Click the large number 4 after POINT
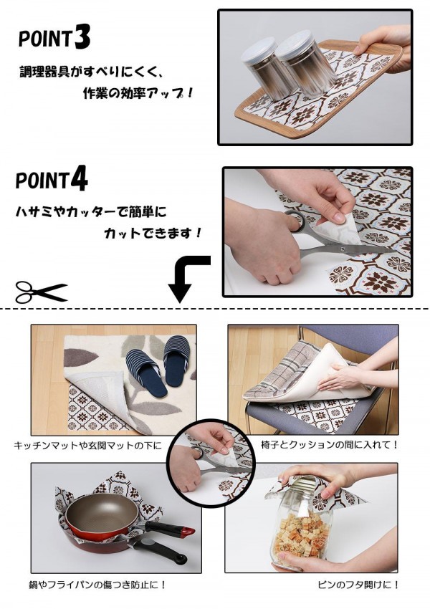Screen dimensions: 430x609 [80, 179]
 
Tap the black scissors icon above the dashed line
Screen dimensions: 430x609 [41, 292]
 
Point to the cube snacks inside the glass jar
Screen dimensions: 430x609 [301, 532]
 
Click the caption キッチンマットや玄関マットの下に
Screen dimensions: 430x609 [87, 445]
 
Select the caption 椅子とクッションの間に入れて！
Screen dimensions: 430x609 [330, 444]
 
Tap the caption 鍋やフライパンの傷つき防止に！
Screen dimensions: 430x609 [97, 585]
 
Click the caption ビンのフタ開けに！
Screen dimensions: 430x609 [358, 585]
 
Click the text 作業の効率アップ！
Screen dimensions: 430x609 [138, 93]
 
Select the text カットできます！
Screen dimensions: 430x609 [153, 234]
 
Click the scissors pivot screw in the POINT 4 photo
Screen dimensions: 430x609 [343, 249]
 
